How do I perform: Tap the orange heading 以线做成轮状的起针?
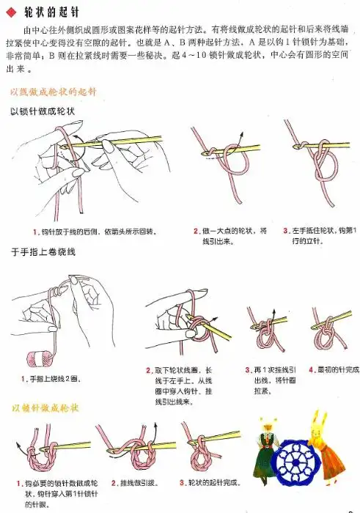click(54, 92)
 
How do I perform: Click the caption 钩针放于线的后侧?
click(95, 232)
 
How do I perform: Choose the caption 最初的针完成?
click(334, 370)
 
